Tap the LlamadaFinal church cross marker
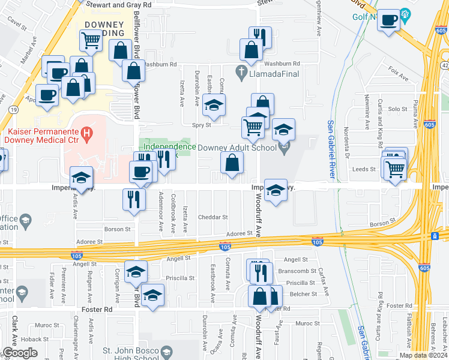(241, 73)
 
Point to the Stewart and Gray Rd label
(119, 4)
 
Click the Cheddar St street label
(212, 217)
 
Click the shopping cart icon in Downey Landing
(91, 41)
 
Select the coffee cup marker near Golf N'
(390, 20)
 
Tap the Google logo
(20, 353)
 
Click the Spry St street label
(202, 125)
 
